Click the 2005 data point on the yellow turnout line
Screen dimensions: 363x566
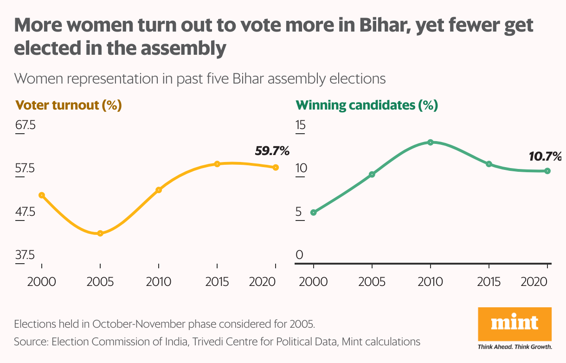(x=100, y=233)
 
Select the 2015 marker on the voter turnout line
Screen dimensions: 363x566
(x=217, y=164)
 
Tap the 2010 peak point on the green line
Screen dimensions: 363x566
(x=431, y=142)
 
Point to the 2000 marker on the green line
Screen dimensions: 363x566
(x=313, y=213)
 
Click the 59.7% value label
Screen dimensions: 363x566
(x=272, y=151)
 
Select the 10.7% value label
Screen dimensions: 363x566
(x=545, y=156)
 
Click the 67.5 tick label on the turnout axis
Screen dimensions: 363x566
(x=25, y=126)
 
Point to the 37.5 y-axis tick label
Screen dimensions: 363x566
(x=25, y=255)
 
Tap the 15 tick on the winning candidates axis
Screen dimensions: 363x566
(x=301, y=126)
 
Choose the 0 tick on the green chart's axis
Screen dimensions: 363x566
(x=299, y=255)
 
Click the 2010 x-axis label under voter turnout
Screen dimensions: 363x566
(x=158, y=282)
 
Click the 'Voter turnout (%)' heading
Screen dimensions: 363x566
(x=69, y=105)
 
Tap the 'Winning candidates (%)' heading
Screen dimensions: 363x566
(x=367, y=105)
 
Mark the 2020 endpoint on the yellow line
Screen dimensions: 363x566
(x=276, y=167)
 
